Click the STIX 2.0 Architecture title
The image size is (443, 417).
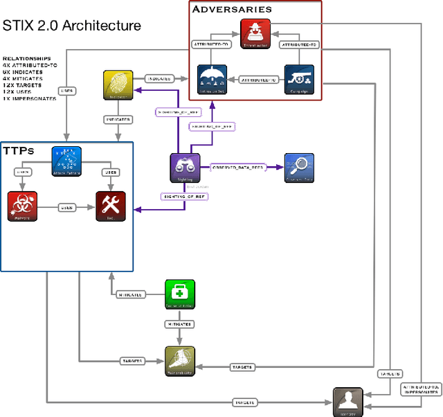[x=72, y=26]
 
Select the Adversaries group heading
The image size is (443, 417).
[x=232, y=9]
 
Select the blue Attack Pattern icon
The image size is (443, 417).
[x=67, y=161]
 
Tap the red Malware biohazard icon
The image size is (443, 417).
[x=21, y=206]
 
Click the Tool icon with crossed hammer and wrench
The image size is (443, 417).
[x=110, y=206]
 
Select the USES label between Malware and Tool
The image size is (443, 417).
[x=66, y=207]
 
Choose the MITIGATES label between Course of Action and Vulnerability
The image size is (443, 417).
[x=179, y=323]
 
